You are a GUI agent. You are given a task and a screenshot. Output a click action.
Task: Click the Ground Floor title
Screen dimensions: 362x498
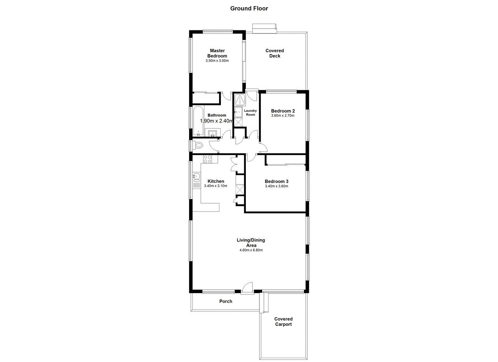pos(249,8)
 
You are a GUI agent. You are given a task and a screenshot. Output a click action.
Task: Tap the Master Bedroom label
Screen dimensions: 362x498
pos(217,53)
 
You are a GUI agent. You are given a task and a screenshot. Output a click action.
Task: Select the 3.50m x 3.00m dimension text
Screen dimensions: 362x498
pos(217,61)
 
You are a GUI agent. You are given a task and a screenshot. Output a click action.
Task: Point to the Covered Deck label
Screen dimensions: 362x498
pos(275,53)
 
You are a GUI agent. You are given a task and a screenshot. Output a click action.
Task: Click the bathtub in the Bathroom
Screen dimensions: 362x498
pos(198,121)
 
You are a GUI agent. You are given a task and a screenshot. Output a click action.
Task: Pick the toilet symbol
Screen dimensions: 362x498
pos(199,145)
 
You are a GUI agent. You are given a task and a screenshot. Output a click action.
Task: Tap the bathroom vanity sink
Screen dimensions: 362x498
pos(212,134)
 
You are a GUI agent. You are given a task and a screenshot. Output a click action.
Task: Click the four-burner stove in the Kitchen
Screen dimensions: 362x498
pos(207,159)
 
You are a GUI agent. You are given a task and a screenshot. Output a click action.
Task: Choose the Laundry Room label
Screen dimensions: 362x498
pos(251,113)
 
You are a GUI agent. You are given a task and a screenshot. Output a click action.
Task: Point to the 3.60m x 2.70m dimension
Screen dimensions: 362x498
pos(283,115)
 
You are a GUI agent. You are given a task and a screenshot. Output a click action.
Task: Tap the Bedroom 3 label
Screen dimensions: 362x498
pos(277,181)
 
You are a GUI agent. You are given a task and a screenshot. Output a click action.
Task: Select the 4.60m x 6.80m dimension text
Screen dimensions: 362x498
pos(251,250)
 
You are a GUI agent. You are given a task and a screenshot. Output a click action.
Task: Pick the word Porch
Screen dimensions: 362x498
pos(226,301)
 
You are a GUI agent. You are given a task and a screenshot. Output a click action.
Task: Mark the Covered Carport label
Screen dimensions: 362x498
pos(283,322)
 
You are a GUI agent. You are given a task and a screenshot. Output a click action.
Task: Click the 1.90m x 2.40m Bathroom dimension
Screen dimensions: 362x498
pos(217,121)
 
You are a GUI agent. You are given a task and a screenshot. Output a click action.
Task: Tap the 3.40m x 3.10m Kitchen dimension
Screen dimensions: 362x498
pos(216,186)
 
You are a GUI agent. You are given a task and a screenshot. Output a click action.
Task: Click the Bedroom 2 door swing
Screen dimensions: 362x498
pos(263,147)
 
